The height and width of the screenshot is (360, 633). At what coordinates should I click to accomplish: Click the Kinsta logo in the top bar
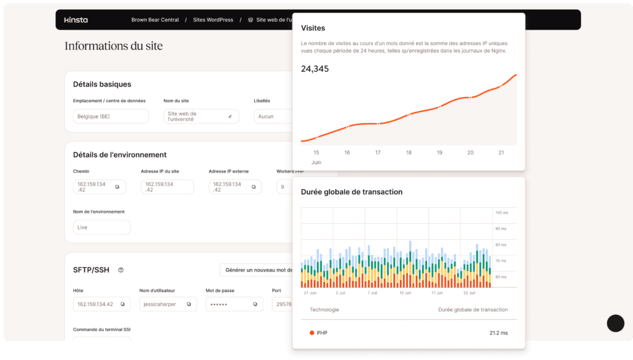pos(76,20)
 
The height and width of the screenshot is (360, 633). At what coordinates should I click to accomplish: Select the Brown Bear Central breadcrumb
pos(155,20)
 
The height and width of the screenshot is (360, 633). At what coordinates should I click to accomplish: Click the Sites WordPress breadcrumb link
pos(213,20)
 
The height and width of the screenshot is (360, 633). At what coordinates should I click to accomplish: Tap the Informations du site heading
pos(114,46)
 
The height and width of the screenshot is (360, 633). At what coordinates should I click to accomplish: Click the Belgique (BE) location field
pos(111,116)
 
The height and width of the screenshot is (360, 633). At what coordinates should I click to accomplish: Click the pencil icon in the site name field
pos(230,116)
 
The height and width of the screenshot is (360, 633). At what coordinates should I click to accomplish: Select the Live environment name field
pos(101,227)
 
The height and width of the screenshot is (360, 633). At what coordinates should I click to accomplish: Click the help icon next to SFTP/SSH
pos(121,270)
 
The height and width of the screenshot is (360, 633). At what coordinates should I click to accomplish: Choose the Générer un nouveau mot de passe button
pos(257,270)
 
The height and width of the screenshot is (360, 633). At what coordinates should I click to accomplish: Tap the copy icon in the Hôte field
pos(122,304)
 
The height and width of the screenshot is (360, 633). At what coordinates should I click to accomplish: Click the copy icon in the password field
pos(255,304)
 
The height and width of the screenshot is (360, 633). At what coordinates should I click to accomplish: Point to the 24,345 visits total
pos(315,69)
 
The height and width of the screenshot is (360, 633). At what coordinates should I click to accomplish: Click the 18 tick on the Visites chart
pos(409,152)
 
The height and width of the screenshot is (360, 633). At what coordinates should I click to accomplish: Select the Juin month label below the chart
pos(316,162)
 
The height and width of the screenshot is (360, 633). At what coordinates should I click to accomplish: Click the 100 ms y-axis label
pos(501,213)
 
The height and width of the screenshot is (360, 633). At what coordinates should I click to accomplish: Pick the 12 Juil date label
pos(406,293)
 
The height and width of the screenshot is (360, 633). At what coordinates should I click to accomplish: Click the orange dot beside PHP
pos(312,333)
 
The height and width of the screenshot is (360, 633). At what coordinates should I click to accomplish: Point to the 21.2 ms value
pos(498,333)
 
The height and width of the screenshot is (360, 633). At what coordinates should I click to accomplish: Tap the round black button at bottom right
pos(616,323)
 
